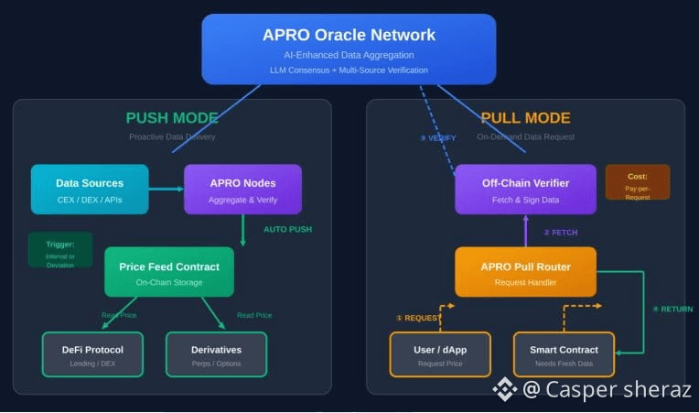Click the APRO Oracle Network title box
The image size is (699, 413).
click(x=349, y=49)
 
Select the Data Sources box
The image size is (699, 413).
click(x=90, y=190)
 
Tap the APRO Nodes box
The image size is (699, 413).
click(x=242, y=190)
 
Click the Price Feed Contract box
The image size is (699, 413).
click(x=169, y=272)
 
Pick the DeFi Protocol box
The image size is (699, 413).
click(x=92, y=354)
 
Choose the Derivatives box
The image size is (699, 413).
click(x=216, y=354)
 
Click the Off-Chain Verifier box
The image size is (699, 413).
click(x=525, y=190)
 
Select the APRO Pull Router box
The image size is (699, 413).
click(x=525, y=272)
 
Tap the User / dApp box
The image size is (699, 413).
click(x=440, y=354)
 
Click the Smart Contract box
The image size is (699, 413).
click(x=564, y=354)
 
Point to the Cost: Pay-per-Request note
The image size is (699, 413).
click(x=637, y=182)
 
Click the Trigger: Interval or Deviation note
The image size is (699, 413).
click(x=60, y=250)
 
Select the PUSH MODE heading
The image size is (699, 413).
click(x=172, y=118)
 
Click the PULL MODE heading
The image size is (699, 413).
click(x=525, y=118)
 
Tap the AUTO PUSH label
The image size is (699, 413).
click(x=287, y=229)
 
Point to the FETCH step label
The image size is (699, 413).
click(x=561, y=233)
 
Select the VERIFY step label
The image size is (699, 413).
click(x=438, y=138)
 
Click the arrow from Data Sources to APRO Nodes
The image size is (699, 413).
click(x=167, y=190)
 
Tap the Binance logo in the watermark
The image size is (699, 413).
click(x=505, y=390)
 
